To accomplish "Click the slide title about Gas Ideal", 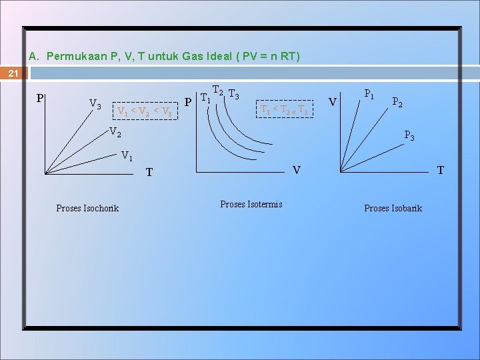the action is click(x=165, y=57).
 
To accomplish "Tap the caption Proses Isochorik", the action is click(x=87, y=208).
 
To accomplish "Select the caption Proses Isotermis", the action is click(x=251, y=204).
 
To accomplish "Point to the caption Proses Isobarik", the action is click(x=393, y=208).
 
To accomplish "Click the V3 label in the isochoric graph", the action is click(x=95, y=105).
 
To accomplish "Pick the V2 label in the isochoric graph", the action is click(x=115, y=132).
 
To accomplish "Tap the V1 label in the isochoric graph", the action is click(x=127, y=156).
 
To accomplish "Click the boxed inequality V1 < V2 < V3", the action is click(x=145, y=111).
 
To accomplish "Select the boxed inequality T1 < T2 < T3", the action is click(x=283, y=109).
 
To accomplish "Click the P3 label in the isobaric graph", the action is click(x=409, y=137).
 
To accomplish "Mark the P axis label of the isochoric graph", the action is click(x=40, y=99).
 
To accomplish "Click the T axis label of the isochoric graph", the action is click(x=149, y=173).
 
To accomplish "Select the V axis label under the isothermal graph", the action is click(x=297, y=170).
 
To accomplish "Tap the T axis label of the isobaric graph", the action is click(x=440, y=170).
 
